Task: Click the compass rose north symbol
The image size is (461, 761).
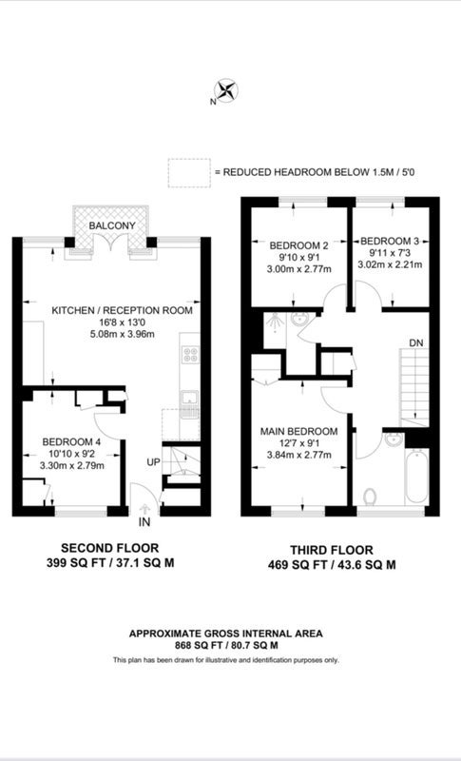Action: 226,90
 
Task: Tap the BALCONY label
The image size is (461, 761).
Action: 112,225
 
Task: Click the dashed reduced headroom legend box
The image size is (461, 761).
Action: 189,173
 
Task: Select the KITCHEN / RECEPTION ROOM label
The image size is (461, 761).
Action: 123,310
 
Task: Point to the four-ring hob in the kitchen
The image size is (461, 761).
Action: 190,354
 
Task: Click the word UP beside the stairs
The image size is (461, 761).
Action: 154,462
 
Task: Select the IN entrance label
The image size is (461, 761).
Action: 144,522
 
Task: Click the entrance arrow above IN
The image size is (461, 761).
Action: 144,509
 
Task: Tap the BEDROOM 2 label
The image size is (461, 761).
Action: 296,245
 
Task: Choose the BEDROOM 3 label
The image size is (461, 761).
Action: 390,242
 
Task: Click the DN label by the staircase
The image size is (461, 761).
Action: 416,343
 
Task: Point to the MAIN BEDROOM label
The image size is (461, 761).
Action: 299,432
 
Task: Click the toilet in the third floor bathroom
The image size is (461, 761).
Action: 370,497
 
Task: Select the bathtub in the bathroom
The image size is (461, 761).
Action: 416,477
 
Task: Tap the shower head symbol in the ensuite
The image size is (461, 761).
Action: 276,321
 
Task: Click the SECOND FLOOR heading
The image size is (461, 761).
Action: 109,549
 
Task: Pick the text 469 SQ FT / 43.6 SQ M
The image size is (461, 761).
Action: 332,565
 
